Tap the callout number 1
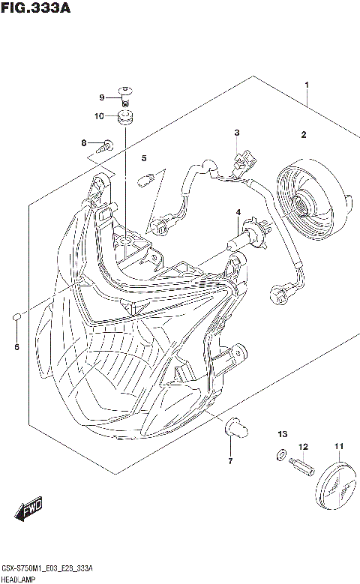pyautogui.click(x=306, y=86)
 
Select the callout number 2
pyautogui.click(x=304, y=135)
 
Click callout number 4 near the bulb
pyautogui.click(x=238, y=213)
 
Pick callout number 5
pyautogui.click(x=144, y=158)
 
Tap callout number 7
pyautogui.click(x=230, y=460)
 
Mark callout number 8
pyautogui.click(x=85, y=142)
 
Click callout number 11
pyautogui.click(x=338, y=448)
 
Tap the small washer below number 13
pyautogui.click(x=280, y=454)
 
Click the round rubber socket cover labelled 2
pyautogui.click(x=307, y=198)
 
